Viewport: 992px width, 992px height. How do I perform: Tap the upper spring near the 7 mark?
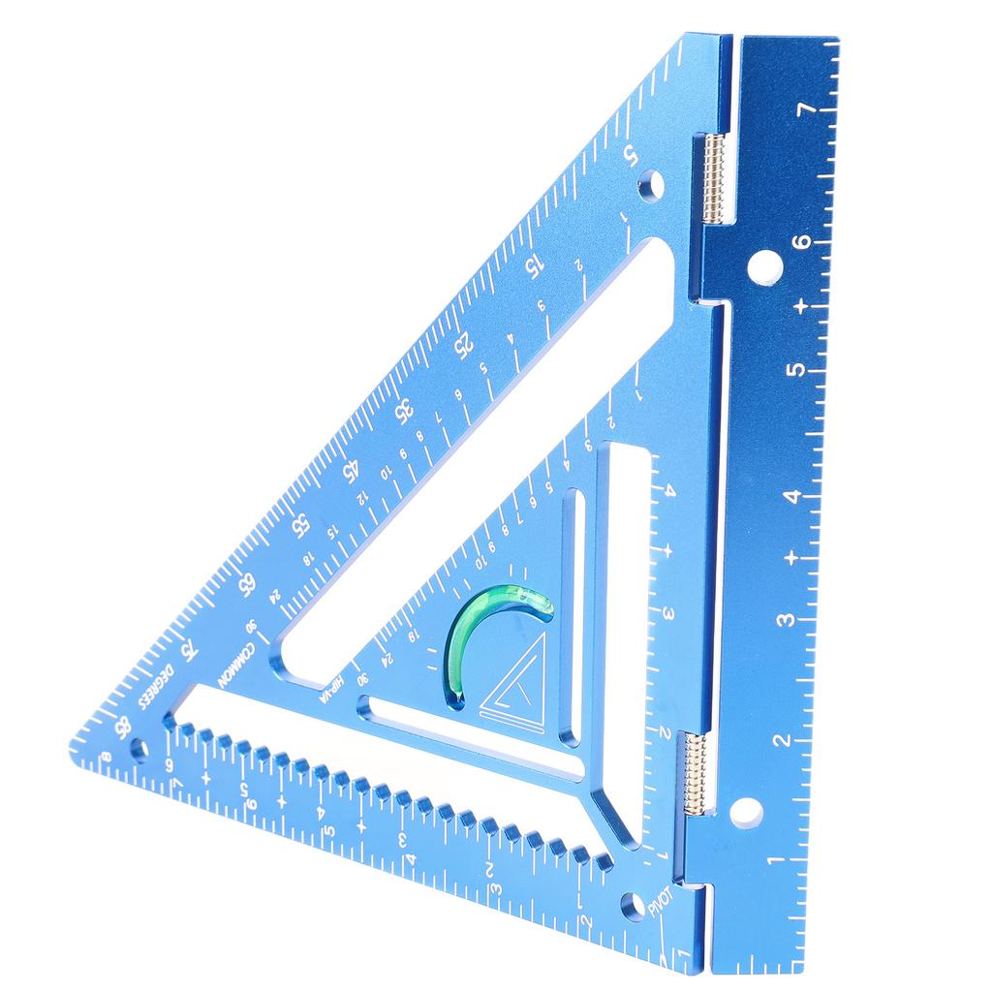tap(714, 177)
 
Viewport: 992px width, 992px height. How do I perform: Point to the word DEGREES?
tap(156, 685)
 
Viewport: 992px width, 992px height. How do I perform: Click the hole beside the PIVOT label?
tap(634, 905)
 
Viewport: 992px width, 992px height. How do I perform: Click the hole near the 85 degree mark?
tap(139, 747)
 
